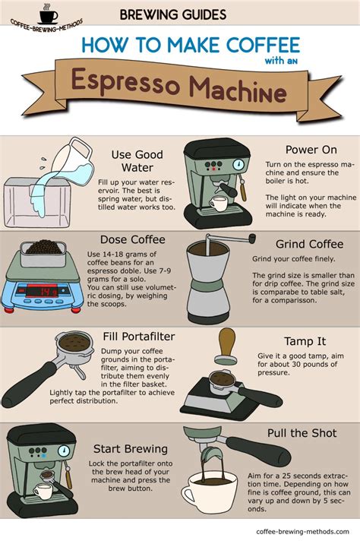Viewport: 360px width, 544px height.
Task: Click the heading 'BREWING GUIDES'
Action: click(173, 14)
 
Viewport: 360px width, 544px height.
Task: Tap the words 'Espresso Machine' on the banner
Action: click(180, 91)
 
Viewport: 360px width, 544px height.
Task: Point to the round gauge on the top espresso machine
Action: click(238, 164)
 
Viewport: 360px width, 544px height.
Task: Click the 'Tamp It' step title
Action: click(304, 342)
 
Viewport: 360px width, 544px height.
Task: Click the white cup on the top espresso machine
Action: click(219, 204)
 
